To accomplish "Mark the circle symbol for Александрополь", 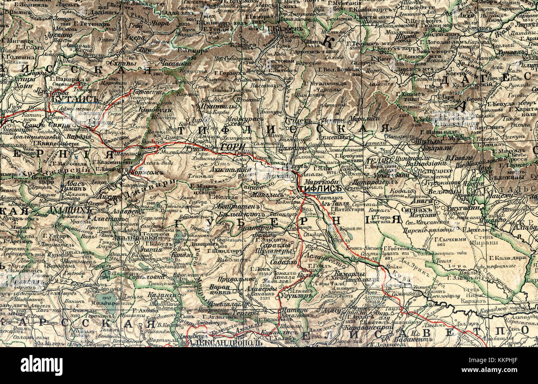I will (x=183, y=343).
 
